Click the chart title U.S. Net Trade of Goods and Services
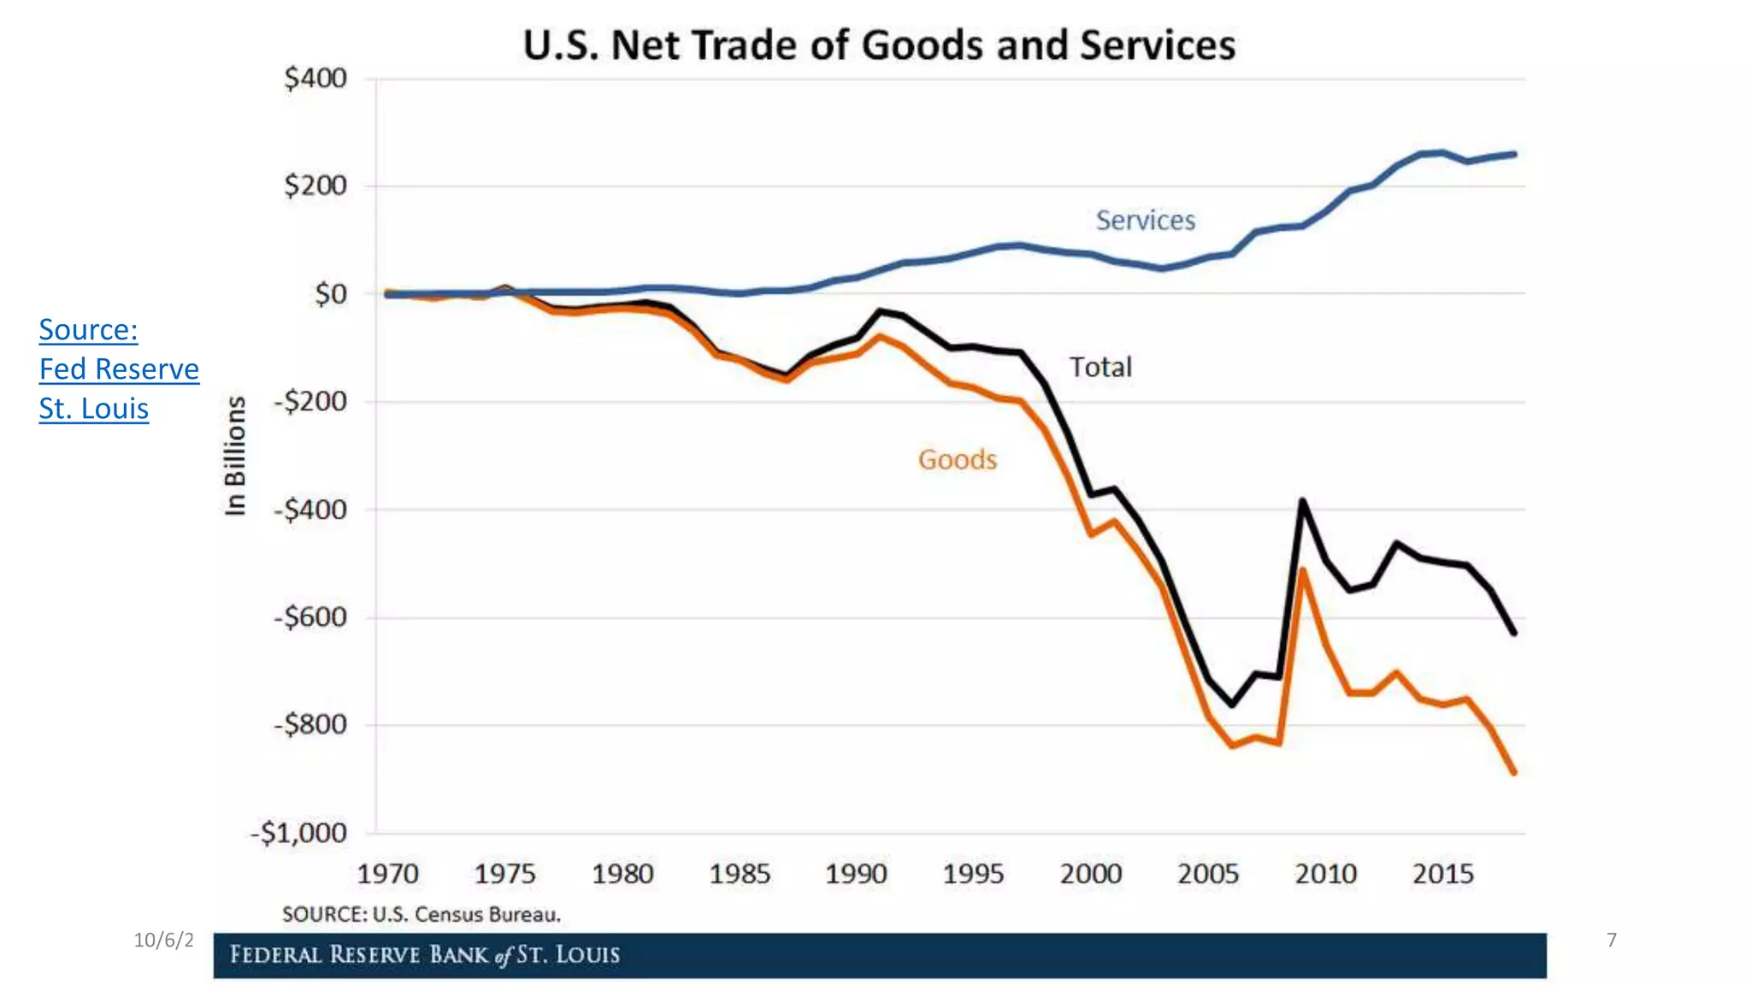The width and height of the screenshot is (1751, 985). click(879, 45)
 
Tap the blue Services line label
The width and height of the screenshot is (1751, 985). click(1145, 221)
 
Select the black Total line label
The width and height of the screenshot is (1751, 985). click(1100, 368)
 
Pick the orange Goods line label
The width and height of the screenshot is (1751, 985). click(958, 460)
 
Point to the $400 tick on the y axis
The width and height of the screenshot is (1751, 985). click(315, 79)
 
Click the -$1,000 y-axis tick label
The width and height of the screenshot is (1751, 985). click(298, 833)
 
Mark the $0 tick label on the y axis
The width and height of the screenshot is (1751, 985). click(330, 294)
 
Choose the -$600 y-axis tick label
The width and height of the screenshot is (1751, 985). click(310, 616)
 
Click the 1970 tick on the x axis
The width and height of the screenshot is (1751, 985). click(387, 874)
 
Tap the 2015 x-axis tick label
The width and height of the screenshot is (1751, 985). click(1442, 874)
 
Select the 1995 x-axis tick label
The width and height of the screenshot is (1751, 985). click(973, 874)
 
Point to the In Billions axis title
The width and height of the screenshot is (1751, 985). click(235, 456)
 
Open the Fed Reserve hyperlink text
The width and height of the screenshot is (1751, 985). click(119, 369)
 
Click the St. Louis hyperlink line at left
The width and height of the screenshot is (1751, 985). click(94, 409)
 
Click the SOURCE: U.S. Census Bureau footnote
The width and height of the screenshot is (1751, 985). click(422, 914)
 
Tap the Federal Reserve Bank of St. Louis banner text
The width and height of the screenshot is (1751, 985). click(425, 954)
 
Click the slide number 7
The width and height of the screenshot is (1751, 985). click(1611, 941)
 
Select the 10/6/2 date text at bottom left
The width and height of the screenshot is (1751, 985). click(163, 941)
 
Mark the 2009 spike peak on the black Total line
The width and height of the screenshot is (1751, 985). click(1302, 500)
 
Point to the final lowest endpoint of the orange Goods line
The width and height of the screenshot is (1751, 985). click(1514, 772)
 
